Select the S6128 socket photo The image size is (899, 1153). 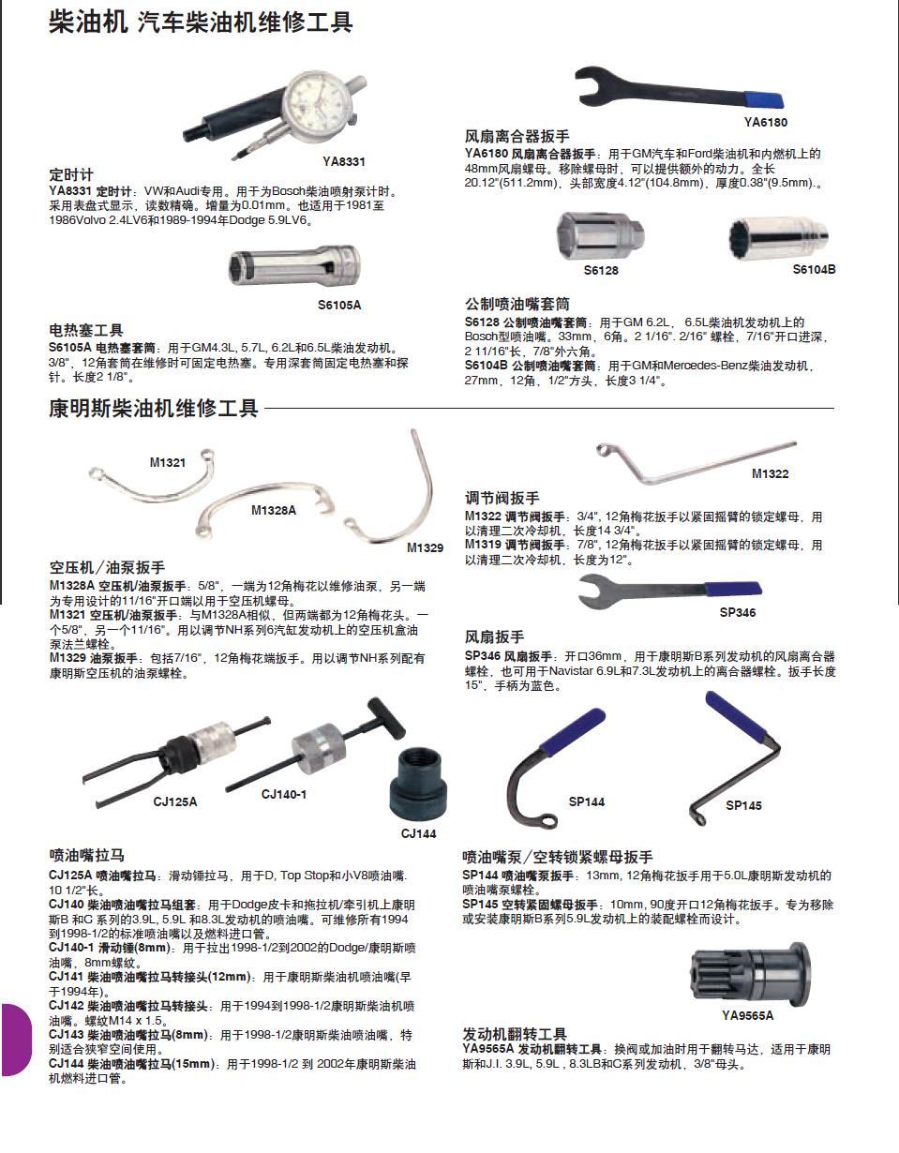pos(600,237)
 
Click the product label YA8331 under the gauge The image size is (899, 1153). pos(344,162)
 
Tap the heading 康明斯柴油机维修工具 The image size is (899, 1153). pos(153,408)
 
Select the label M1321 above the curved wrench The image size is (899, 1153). pos(168,462)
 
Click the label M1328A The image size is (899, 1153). pos(273,511)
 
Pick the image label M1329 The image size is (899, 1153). pos(425,548)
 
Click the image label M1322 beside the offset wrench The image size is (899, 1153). pos(770,474)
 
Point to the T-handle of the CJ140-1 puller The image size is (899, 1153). pos(386,715)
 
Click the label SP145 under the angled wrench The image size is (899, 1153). pos(743,806)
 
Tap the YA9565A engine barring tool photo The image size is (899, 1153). pos(750,974)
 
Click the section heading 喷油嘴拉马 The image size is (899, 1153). pos(87,855)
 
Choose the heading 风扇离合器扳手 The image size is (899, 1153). pos(517,137)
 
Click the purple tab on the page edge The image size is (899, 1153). pos(16,1039)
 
